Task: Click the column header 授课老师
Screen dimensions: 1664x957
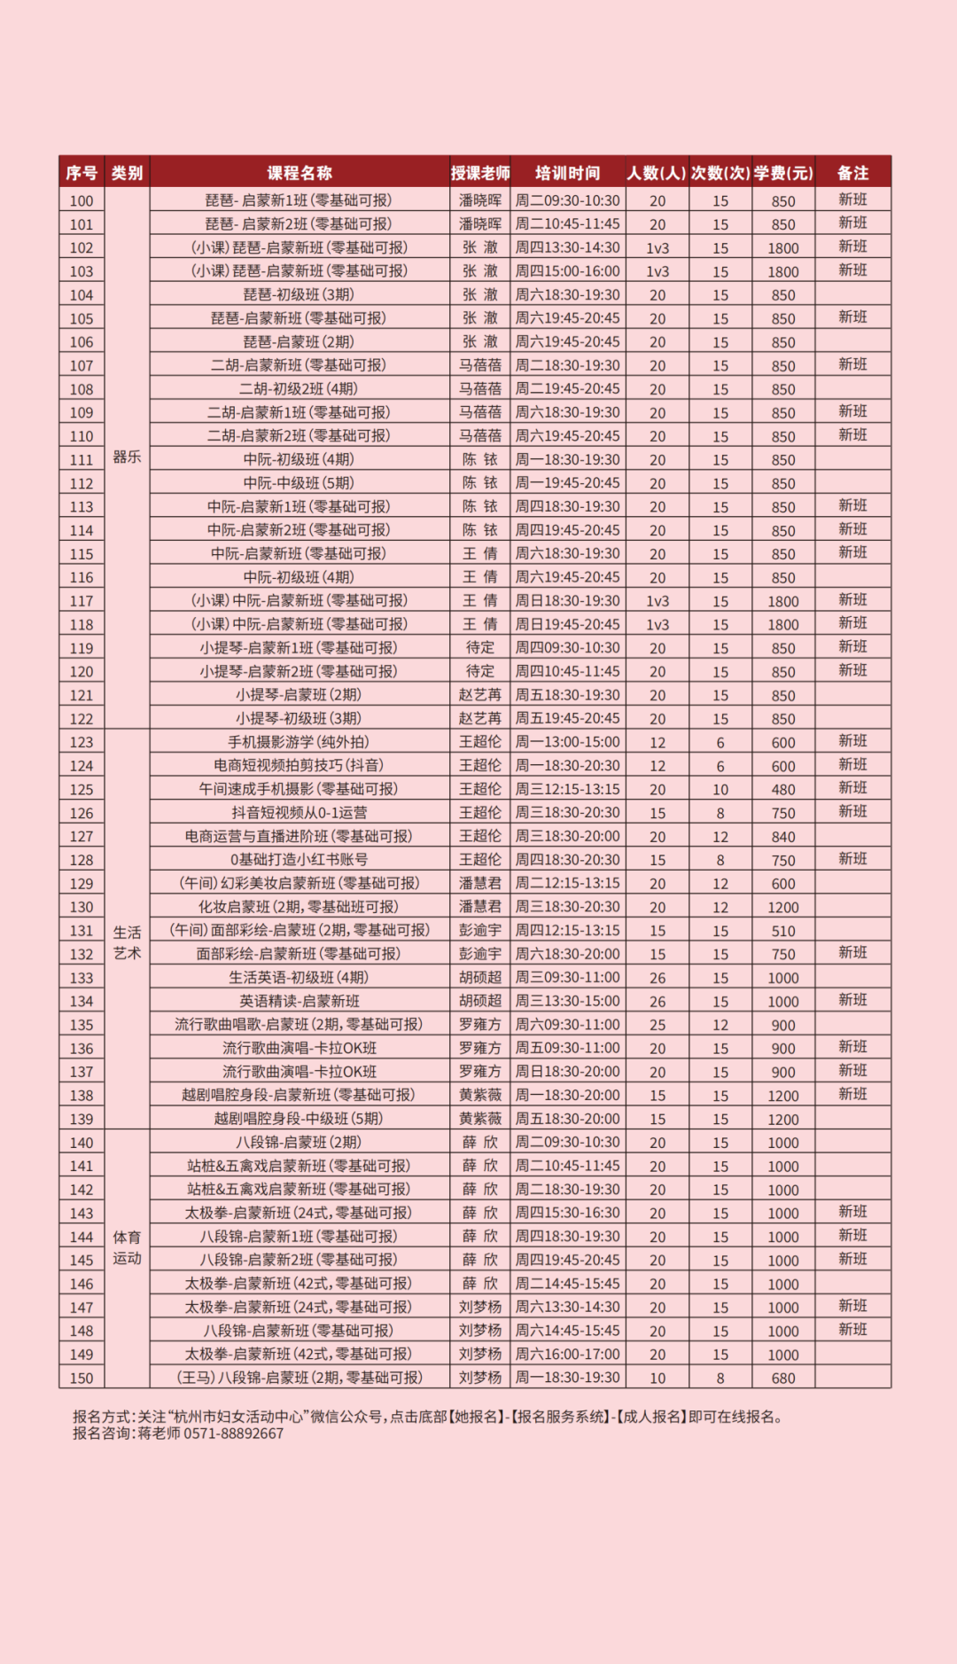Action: [479, 173]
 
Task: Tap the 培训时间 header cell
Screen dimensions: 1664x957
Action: [567, 173]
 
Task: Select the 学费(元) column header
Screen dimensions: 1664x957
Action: [782, 173]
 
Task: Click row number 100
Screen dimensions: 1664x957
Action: [82, 201]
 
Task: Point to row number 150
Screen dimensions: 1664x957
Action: [82, 1378]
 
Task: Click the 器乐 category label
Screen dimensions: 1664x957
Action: [127, 457]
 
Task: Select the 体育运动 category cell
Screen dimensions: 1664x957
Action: [127, 1247]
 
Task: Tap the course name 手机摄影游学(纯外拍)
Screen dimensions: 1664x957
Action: [299, 742]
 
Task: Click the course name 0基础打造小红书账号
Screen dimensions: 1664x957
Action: [299, 859]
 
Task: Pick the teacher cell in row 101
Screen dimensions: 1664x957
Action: [479, 224]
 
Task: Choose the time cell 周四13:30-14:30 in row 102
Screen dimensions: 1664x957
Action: [567, 248]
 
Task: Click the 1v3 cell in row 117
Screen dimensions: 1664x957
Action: [657, 601]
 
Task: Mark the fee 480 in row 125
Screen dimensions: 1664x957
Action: [782, 789]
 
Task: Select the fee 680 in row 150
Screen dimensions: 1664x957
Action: [782, 1378]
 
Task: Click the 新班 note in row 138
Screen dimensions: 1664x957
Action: [852, 1095]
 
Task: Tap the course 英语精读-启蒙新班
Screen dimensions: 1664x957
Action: [299, 1001]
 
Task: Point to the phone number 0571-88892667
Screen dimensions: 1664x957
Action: [234, 1434]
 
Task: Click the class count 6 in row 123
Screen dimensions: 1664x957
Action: [720, 742]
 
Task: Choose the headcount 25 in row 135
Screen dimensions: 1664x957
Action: [657, 1025]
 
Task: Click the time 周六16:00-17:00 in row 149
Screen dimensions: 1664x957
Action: [567, 1354]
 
